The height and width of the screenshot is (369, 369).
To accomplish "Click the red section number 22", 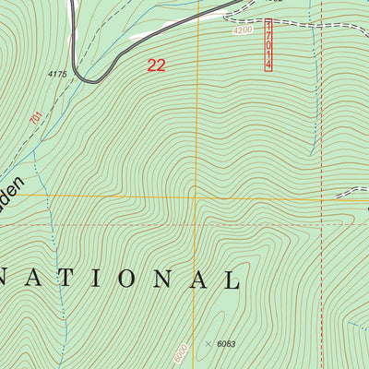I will pos(157,65).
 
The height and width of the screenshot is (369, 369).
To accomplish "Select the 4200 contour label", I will pos(242,30).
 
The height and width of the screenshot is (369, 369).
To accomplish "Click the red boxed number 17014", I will pos(268,44).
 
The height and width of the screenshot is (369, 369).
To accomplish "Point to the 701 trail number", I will pos(35,119).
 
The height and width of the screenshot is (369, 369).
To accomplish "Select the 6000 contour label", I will pos(181,352).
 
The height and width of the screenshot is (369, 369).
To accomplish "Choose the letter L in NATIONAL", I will pos(231,279).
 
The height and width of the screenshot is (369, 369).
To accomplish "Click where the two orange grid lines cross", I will pos(196,196).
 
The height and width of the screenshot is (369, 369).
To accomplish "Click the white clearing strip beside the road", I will pos(152,35).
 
